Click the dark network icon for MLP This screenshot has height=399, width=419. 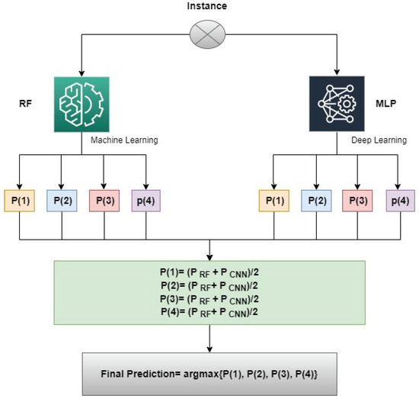coord(336,101)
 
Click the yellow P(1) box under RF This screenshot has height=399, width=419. coord(20,199)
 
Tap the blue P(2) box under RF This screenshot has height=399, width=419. coord(62,199)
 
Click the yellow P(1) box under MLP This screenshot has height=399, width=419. coord(273,199)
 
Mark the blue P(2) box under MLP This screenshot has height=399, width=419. coord(316,199)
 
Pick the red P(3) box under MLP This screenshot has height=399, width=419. coord(358,199)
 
